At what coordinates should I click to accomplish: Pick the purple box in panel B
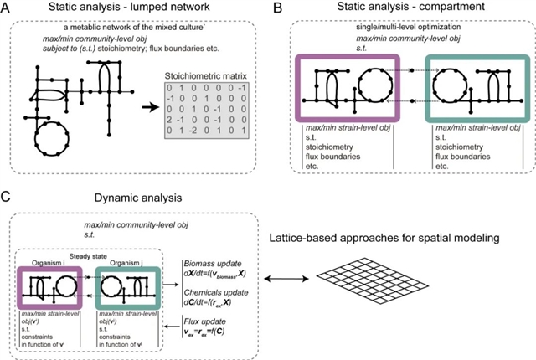(348, 87)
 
